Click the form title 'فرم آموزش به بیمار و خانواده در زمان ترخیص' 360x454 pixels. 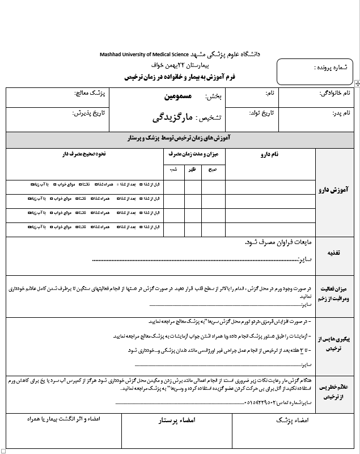pyautogui.click(x=194, y=75)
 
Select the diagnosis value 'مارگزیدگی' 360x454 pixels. pyautogui.click(x=172, y=118)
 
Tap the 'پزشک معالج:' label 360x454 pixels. pyautogui.click(x=91, y=93)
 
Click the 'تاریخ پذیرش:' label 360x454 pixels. pyautogui.click(x=89, y=113)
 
